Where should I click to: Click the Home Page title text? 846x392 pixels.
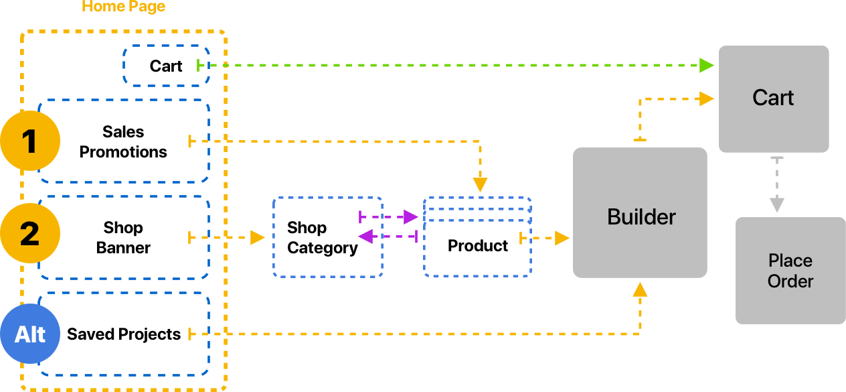click(123, 7)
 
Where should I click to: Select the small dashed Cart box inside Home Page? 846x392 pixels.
click(166, 66)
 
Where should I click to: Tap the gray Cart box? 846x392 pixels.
click(773, 98)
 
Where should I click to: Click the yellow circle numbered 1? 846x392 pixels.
click(30, 141)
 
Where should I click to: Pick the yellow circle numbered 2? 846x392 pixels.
click(30, 233)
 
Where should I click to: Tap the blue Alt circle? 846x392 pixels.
click(30, 334)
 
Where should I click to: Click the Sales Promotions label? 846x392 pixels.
click(123, 141)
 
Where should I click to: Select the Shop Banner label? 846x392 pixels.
click(123, 237)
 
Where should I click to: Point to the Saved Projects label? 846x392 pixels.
click(124, 334)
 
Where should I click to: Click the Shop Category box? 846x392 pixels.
click(327, 237)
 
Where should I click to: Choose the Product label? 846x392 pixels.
click(478, 246)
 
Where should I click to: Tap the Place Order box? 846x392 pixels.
click(790, 271)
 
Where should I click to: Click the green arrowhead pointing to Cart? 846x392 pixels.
click(707, 65)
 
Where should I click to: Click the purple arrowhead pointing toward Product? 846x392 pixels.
click(411, 216)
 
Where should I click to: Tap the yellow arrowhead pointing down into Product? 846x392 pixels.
click(480, 186)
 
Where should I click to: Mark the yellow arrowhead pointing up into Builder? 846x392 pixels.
click(641, 289)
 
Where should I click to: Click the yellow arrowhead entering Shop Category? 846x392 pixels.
click(258, 237)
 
